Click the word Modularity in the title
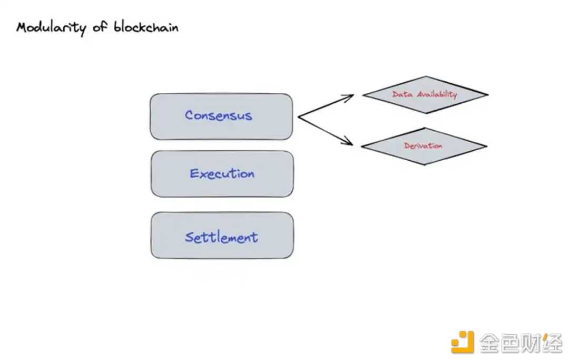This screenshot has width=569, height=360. point(52,27)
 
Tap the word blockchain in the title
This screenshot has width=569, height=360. point(146,27)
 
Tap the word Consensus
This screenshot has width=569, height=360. point(219,115)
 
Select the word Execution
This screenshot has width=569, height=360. point(222,173)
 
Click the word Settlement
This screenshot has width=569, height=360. point(222,237)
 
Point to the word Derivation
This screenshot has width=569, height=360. point(423,146)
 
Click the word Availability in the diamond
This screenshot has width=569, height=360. point(437,95)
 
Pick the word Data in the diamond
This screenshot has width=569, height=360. point(403,95)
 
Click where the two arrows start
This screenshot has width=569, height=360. point(299,117)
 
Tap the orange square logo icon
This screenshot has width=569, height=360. point(463,342)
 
